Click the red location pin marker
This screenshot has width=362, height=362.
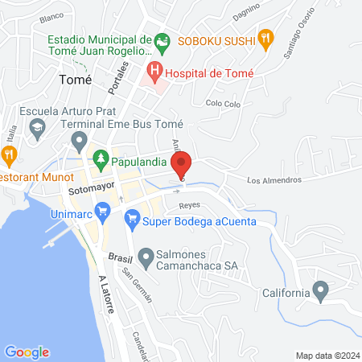(183, 164)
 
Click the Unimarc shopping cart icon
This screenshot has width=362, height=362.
(102, 212)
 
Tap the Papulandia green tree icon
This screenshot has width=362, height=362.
(101, 161)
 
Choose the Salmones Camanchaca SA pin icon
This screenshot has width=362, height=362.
(146, 259)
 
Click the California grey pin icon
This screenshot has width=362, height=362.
(321, 289)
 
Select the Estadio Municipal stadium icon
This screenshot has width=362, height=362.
(162, 39)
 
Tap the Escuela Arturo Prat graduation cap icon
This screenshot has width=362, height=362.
(38, 127)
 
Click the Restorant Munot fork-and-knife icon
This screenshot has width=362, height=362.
(9, 154)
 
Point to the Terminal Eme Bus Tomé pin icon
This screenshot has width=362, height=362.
(79, 142)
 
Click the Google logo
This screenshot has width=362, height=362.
(27, 352)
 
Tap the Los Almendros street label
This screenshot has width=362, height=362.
(274, 179)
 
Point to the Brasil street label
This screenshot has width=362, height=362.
(119, 256)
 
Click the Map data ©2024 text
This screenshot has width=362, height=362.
(327, 355)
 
